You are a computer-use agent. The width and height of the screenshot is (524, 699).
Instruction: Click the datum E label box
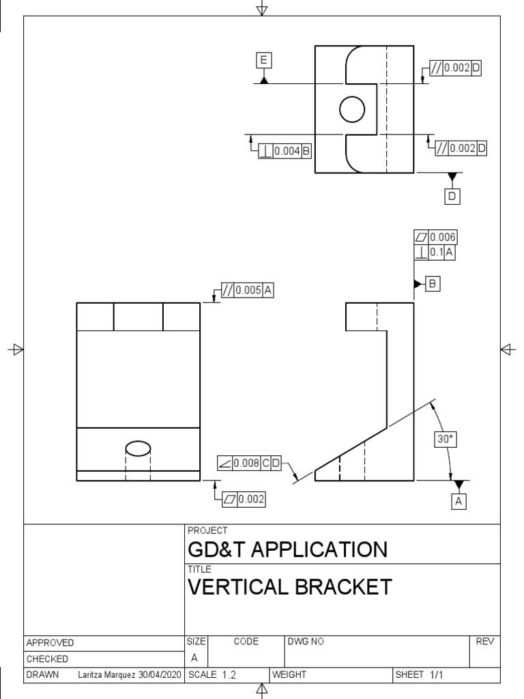coord(263,61)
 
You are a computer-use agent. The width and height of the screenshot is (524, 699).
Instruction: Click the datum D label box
coord(452,197)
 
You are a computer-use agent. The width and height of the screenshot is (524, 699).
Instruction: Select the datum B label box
coord(433,283)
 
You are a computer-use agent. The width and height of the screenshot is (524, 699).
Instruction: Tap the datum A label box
coord(459,502)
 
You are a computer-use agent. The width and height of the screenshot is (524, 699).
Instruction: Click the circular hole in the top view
coord(352,109)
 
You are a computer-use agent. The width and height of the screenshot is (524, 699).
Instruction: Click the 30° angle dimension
coord(445,440)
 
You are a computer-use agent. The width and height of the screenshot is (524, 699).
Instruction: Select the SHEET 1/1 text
coord(419,675)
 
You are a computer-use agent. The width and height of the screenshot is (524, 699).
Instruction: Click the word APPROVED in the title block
coord(50,643)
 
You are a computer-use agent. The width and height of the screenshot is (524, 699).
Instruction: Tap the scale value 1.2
coord(229,675)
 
